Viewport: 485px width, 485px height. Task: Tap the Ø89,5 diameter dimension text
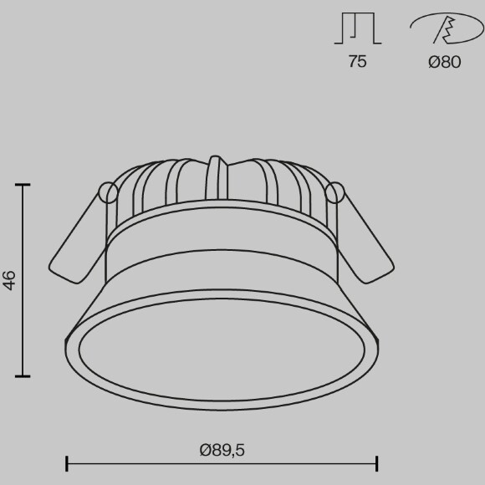[222, 451]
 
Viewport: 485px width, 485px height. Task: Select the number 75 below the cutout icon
[357, 62]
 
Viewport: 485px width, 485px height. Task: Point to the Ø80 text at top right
[444, 62]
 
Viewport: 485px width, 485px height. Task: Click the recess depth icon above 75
[358, 28]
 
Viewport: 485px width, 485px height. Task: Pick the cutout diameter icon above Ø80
[443, 30]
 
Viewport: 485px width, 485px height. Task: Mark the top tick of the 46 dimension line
[23, 185]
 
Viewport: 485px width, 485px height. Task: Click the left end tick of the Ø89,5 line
[67, 462]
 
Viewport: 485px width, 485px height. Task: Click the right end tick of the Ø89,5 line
[377, 462]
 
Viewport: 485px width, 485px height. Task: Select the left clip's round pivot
[108, 192]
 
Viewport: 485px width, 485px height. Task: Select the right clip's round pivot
[335, 192]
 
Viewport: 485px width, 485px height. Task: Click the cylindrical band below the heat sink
[222, 251]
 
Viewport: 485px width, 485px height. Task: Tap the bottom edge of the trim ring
[222, 410]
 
